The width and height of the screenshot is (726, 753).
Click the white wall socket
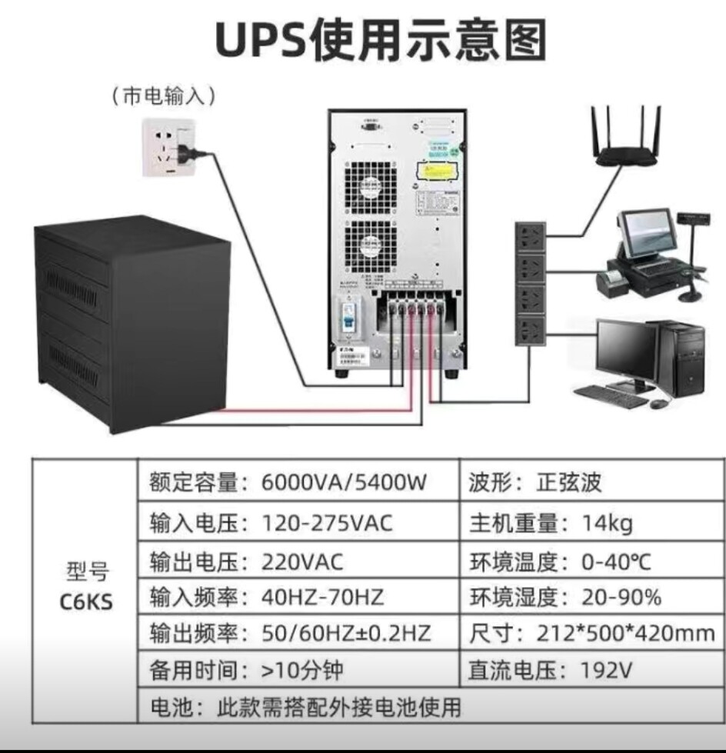168,148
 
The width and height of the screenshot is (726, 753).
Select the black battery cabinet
132,323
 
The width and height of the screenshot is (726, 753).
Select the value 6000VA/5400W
344,482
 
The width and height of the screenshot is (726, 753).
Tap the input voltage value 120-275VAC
327,523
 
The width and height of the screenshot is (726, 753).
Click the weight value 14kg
608,523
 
